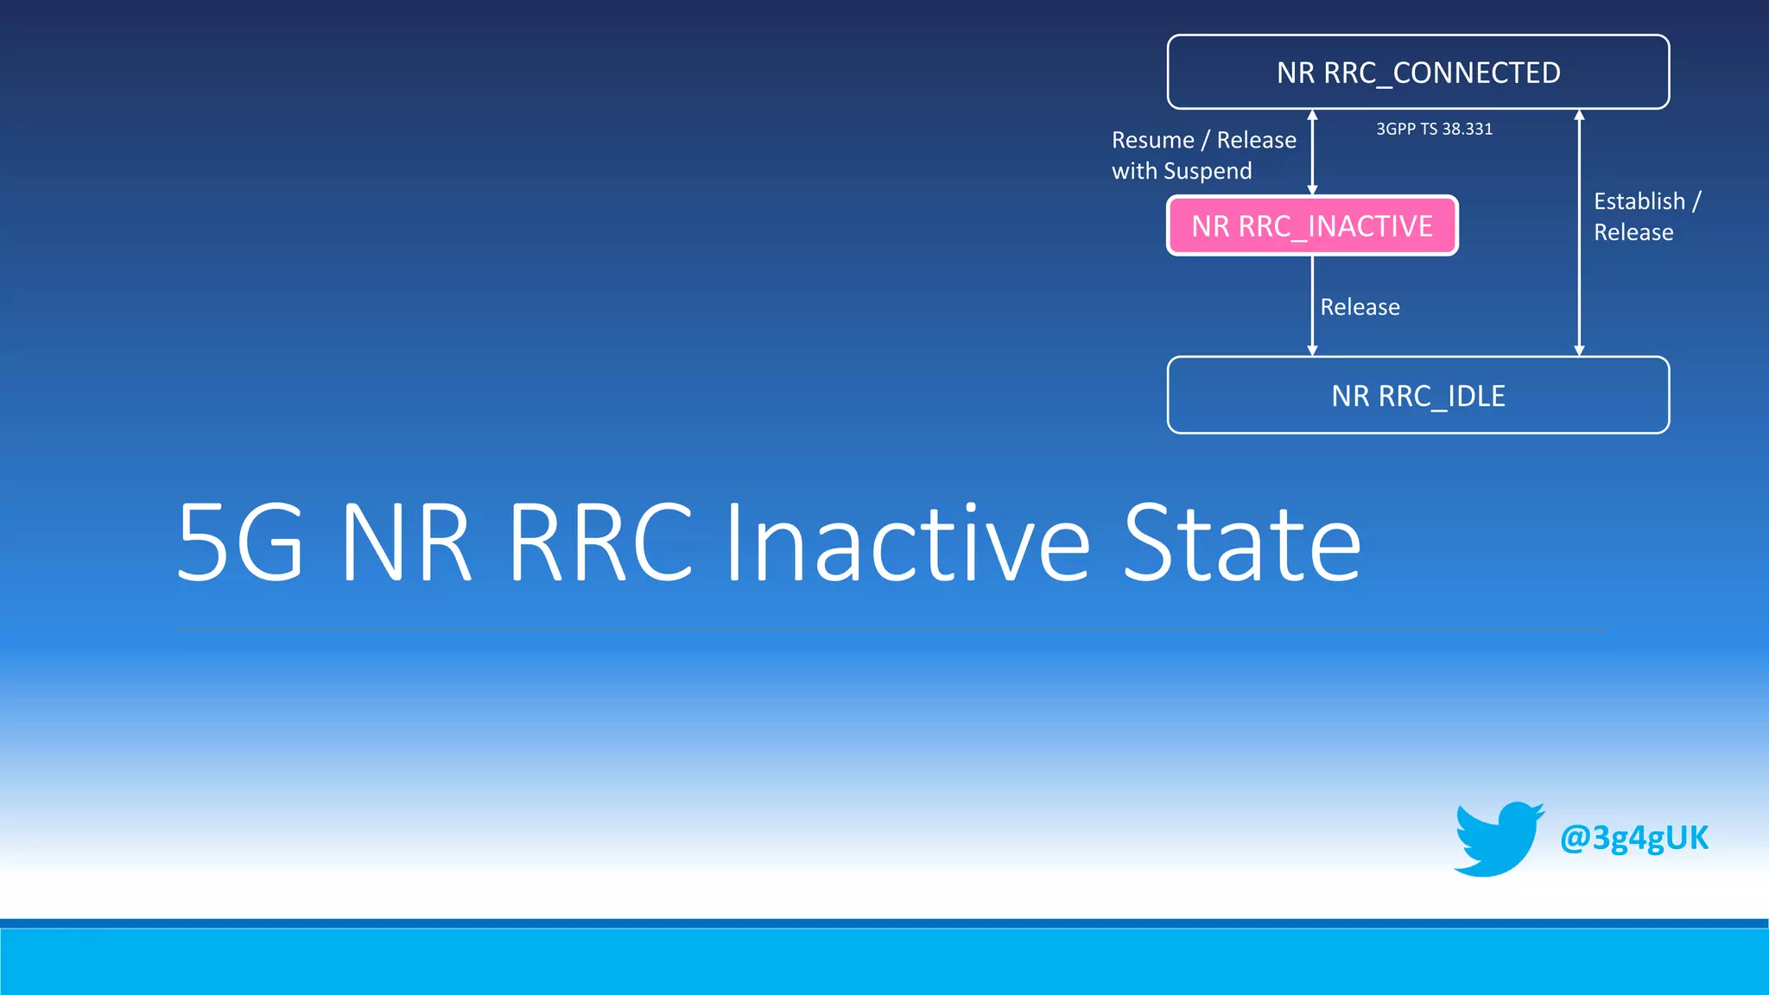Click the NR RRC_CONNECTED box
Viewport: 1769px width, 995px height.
(1417, 73)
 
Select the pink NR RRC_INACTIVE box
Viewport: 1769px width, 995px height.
(1311, 225)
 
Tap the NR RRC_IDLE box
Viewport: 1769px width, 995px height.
(1417, 396)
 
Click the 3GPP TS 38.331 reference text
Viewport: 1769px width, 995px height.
(1434, 129)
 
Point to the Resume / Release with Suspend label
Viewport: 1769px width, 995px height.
(1203, 155)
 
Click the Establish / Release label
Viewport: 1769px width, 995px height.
(1645, 217)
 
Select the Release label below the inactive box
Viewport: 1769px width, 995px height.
(1360, 307)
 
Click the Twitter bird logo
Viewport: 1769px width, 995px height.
(1497, 839)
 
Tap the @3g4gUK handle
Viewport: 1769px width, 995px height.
(1633, 838)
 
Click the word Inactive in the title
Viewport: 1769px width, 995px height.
(907, 544)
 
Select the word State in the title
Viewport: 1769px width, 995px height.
(1241, 544)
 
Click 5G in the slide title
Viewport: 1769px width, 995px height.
(240, 544)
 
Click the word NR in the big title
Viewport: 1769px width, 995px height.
(406, 544)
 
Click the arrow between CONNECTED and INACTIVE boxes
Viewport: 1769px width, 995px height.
(1312, 152)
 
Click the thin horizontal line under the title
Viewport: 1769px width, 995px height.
(890, 630)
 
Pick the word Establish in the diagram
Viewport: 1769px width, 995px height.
(1639, 201)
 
